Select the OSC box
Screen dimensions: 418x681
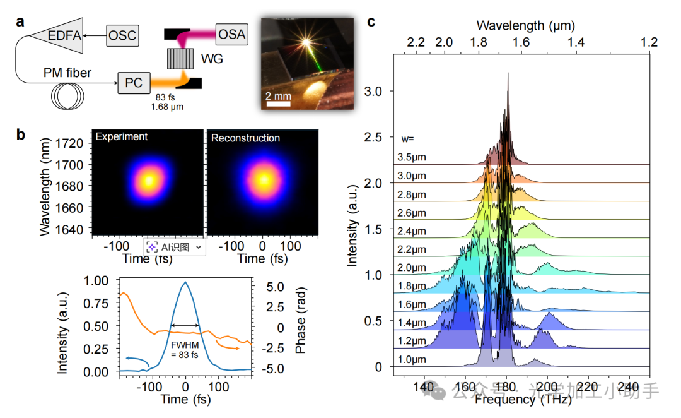[x=122, y=35]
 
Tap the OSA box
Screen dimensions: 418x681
[x=231, y=33]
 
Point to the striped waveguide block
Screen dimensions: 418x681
[x=180, y=59]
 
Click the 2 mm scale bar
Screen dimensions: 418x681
[x=277, y=103]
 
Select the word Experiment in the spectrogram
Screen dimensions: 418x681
[x=122, y=136]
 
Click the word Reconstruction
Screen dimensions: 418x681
[x=245, y=138]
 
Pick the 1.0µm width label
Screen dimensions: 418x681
[x=412, y=359]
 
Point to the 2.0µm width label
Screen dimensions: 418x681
[x=412, y=267]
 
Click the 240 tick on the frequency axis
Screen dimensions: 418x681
[x=629, y=386]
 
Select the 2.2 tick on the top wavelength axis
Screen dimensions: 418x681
[x=416, y=42]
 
